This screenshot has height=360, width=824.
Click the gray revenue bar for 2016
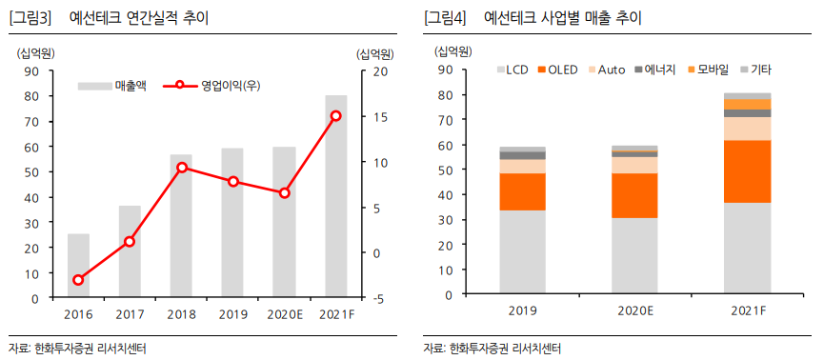[78, 266]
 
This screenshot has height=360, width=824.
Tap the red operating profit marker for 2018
[181, 168]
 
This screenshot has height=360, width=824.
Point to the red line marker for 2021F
[335, 115]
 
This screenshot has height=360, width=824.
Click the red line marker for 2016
[78, 280]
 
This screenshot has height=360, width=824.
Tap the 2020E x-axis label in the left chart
[284, 314]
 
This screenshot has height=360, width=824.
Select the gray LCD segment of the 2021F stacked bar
[747, 248]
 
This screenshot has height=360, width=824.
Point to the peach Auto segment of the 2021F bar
[747, 129]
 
